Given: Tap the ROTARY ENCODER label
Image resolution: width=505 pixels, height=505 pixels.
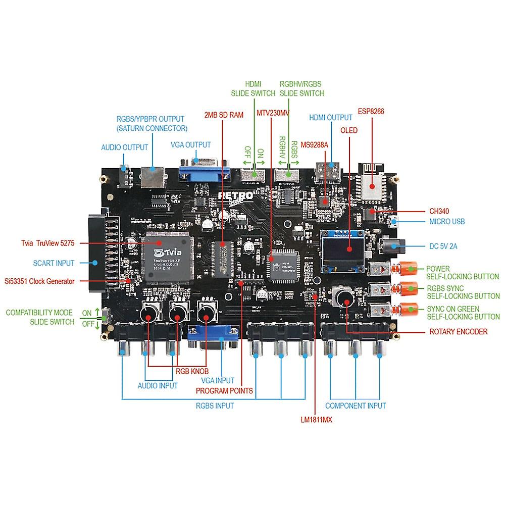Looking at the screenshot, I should click(x=458, y=332).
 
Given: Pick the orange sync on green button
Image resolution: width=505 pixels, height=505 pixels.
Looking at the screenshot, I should click(x=409, y=309).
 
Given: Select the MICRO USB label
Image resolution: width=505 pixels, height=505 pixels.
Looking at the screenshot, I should click(x=447, y=221).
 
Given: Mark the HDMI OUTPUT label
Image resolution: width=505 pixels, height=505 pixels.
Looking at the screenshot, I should click(x=331, y=117).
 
